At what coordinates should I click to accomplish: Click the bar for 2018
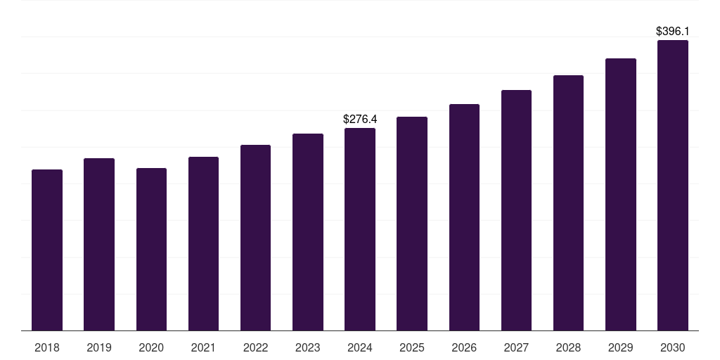(x=47, y=250)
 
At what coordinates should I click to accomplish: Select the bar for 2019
(x=99, y=244)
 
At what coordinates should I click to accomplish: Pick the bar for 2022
(x=255, y=238)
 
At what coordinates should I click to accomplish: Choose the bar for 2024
(x=360, y=229)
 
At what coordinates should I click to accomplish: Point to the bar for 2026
(x=464, y=217)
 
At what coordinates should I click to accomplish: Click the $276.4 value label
(x=360, y=120)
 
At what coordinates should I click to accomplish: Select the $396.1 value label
(x=672, y=32)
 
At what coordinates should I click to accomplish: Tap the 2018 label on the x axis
(x=47, y=347)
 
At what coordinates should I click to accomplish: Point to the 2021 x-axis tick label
(x=203, y=347)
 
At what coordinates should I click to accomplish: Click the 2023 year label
(x=308, y=347)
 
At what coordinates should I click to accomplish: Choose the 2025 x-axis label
(x=412, y=347)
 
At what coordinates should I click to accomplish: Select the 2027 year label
(x=516, y=347)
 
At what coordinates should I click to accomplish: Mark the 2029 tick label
(x=620, y=347)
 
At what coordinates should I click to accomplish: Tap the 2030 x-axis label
(x=672, y=347)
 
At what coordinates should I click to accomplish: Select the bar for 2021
(x=203, y=243)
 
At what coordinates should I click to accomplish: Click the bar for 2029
(x=620, y=194)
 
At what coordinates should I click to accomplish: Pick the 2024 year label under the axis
(x=360, y=347)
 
